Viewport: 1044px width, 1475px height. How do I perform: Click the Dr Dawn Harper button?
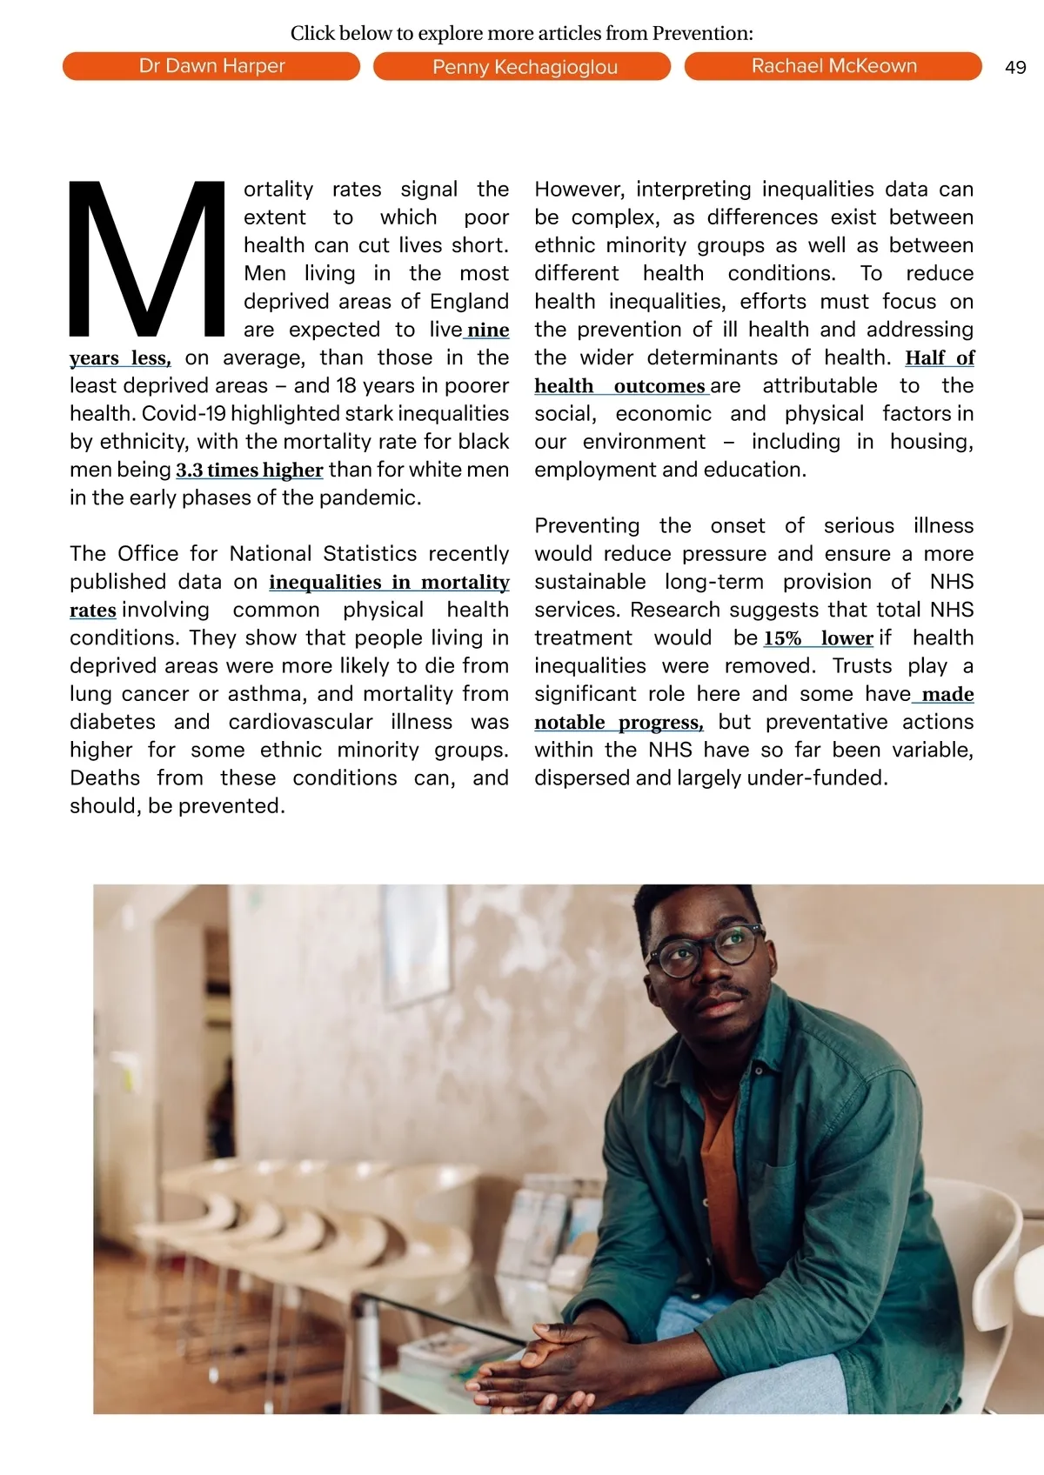point(211,66)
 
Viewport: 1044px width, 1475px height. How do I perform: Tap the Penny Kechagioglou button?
point(522,67)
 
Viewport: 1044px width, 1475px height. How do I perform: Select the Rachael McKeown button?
point(833,66)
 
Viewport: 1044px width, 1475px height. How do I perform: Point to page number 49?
point(1015,68)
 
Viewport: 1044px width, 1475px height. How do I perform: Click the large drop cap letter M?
point(147,259)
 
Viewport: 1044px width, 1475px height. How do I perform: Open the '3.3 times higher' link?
point(250,471)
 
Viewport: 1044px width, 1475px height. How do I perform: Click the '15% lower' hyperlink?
point(818,638)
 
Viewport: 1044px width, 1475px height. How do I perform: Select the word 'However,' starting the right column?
point(579,190)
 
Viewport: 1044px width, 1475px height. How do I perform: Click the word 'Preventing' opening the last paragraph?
point(586,526)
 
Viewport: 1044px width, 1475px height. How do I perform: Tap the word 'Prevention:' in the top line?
point(703,33)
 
